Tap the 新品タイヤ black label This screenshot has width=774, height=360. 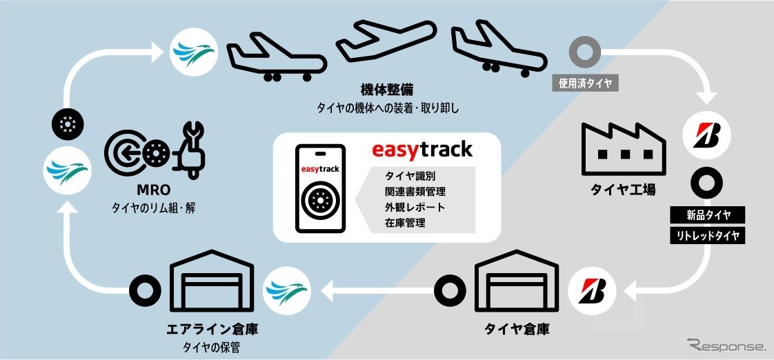pos(706,214)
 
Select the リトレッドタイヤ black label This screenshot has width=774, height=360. pos(706,236)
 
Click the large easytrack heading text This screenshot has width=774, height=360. pos(421,149)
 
